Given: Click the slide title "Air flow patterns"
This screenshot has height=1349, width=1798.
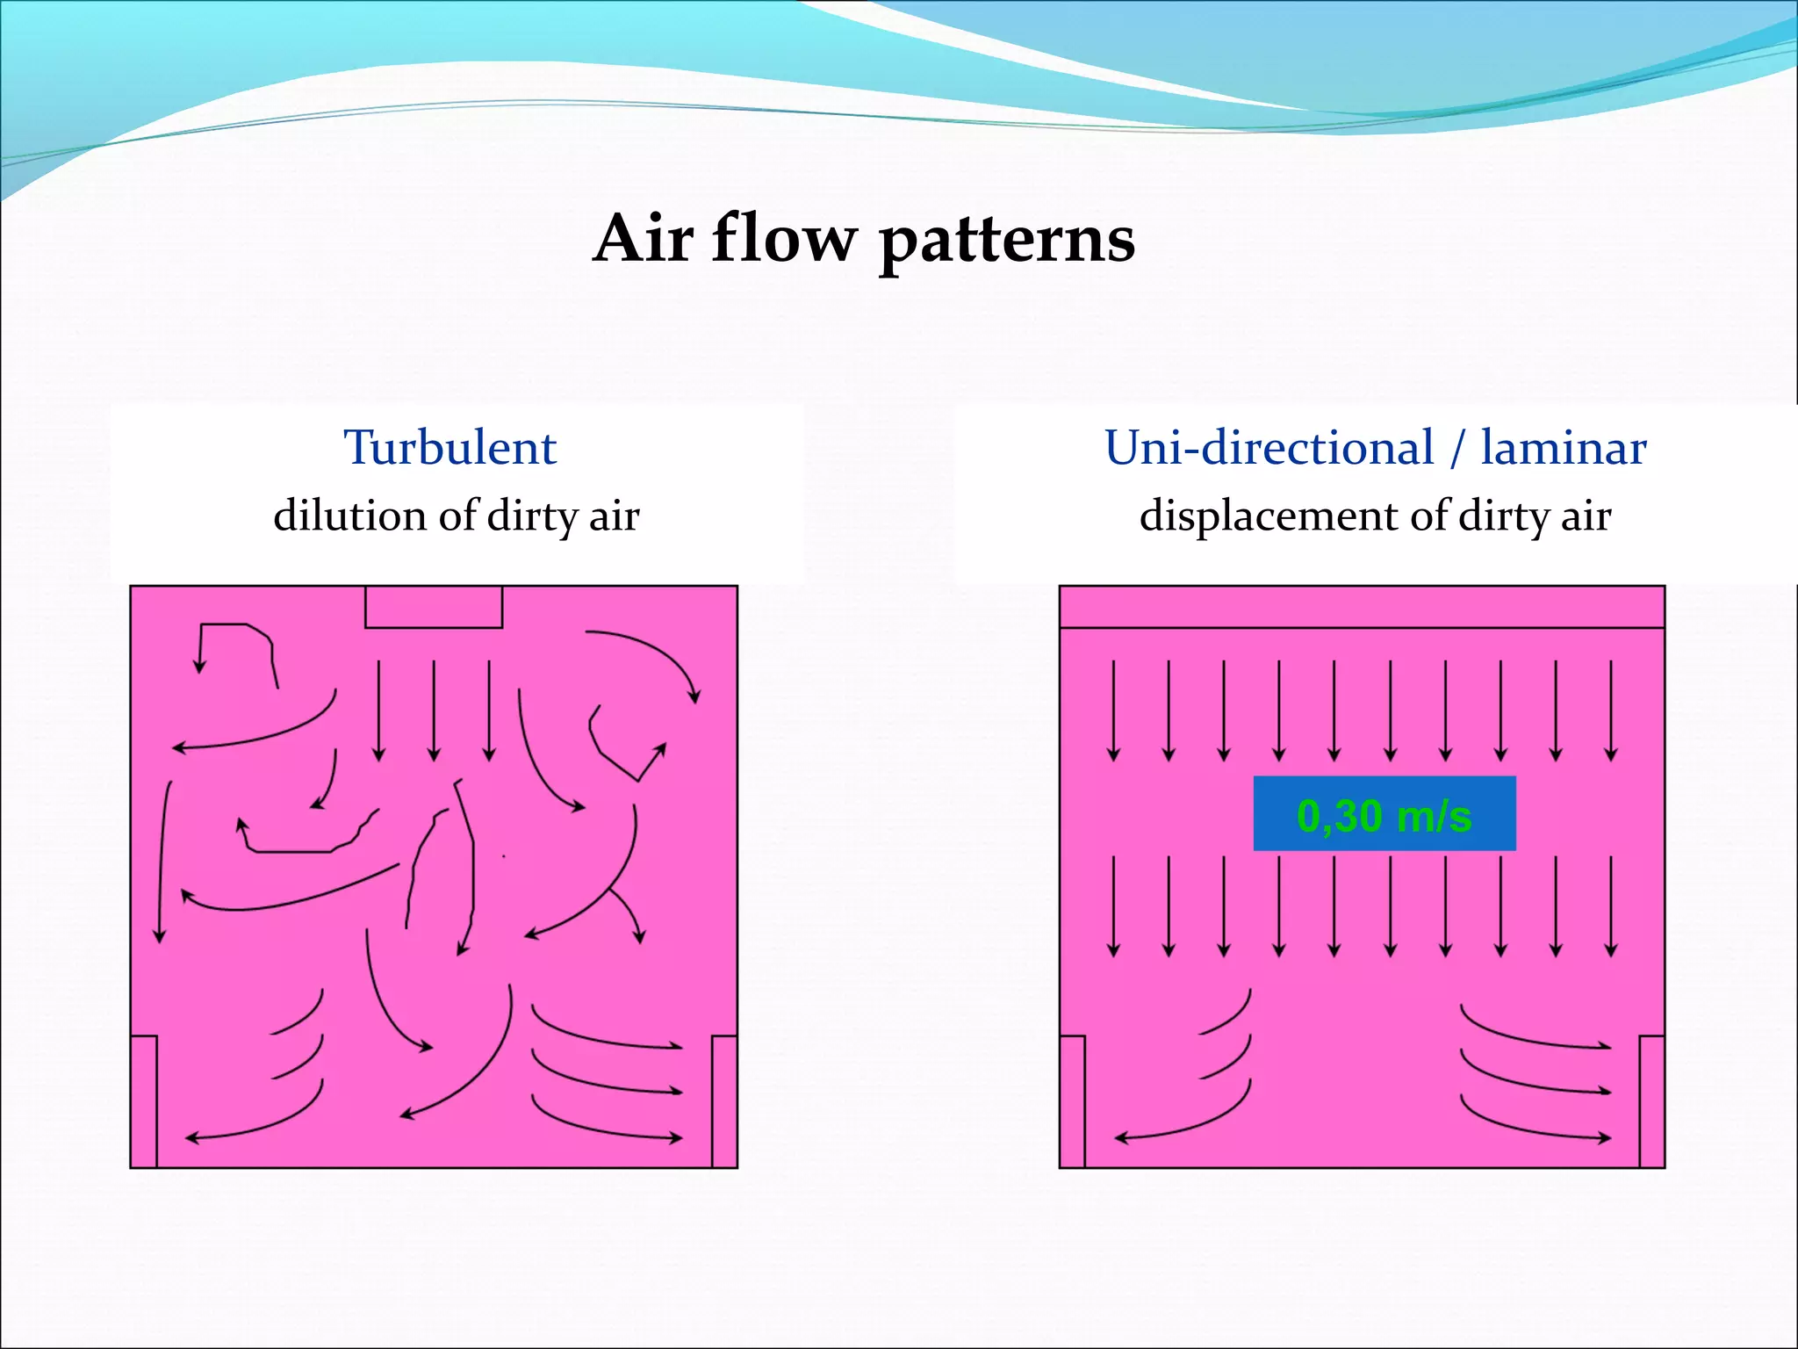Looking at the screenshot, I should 864,239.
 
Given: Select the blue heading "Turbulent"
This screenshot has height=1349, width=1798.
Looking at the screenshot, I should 449,448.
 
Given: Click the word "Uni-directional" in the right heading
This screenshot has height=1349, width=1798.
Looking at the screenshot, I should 1269,448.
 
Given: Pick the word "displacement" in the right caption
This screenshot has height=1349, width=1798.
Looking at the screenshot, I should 1269,516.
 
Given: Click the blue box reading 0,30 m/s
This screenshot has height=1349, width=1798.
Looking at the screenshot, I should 1384,814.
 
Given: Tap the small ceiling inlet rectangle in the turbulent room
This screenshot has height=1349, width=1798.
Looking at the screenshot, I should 434,607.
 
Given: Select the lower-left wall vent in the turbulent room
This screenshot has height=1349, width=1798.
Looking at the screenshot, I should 144,1101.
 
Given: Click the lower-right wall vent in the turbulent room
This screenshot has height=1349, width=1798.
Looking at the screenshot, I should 724,1101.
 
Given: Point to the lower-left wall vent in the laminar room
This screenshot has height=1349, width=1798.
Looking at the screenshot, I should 1072,1101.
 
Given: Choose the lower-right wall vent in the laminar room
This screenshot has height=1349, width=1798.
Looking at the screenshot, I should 1652,1101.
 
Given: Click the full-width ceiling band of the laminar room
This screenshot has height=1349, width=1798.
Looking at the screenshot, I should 1362,607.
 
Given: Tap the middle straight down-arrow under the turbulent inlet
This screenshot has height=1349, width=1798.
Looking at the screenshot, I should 434,710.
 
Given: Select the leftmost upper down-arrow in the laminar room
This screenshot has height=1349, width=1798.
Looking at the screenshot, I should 1113,710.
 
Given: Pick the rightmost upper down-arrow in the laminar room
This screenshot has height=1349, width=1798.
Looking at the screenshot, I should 1611,710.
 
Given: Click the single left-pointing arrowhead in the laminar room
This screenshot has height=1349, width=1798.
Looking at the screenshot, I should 1121,1139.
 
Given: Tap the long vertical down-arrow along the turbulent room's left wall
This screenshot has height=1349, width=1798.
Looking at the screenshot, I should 162,861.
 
